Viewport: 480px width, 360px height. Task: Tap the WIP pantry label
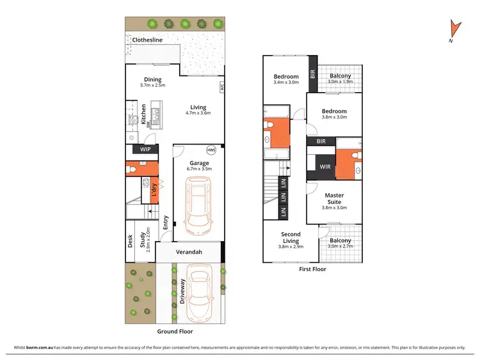(145, 150)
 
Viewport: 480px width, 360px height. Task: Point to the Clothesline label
(147, 40)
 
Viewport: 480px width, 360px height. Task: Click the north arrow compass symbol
(455, 29)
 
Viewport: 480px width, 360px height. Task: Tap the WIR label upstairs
(325, 167)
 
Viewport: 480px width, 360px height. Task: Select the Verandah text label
(189, 253)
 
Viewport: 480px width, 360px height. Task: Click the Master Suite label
(334, 199)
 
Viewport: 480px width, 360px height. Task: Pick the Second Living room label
(290, 237)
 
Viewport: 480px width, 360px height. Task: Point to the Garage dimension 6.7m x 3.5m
(198, 169)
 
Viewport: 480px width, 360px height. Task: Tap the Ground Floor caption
(175, 332)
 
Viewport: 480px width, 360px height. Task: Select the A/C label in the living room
(221, 87)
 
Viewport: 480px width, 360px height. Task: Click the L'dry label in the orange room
(153, 189)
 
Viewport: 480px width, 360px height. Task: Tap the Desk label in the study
(131, 240)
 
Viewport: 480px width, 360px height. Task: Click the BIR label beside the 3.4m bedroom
(313, 74)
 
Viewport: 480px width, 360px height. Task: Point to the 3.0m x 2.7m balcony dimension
(340, 246)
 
